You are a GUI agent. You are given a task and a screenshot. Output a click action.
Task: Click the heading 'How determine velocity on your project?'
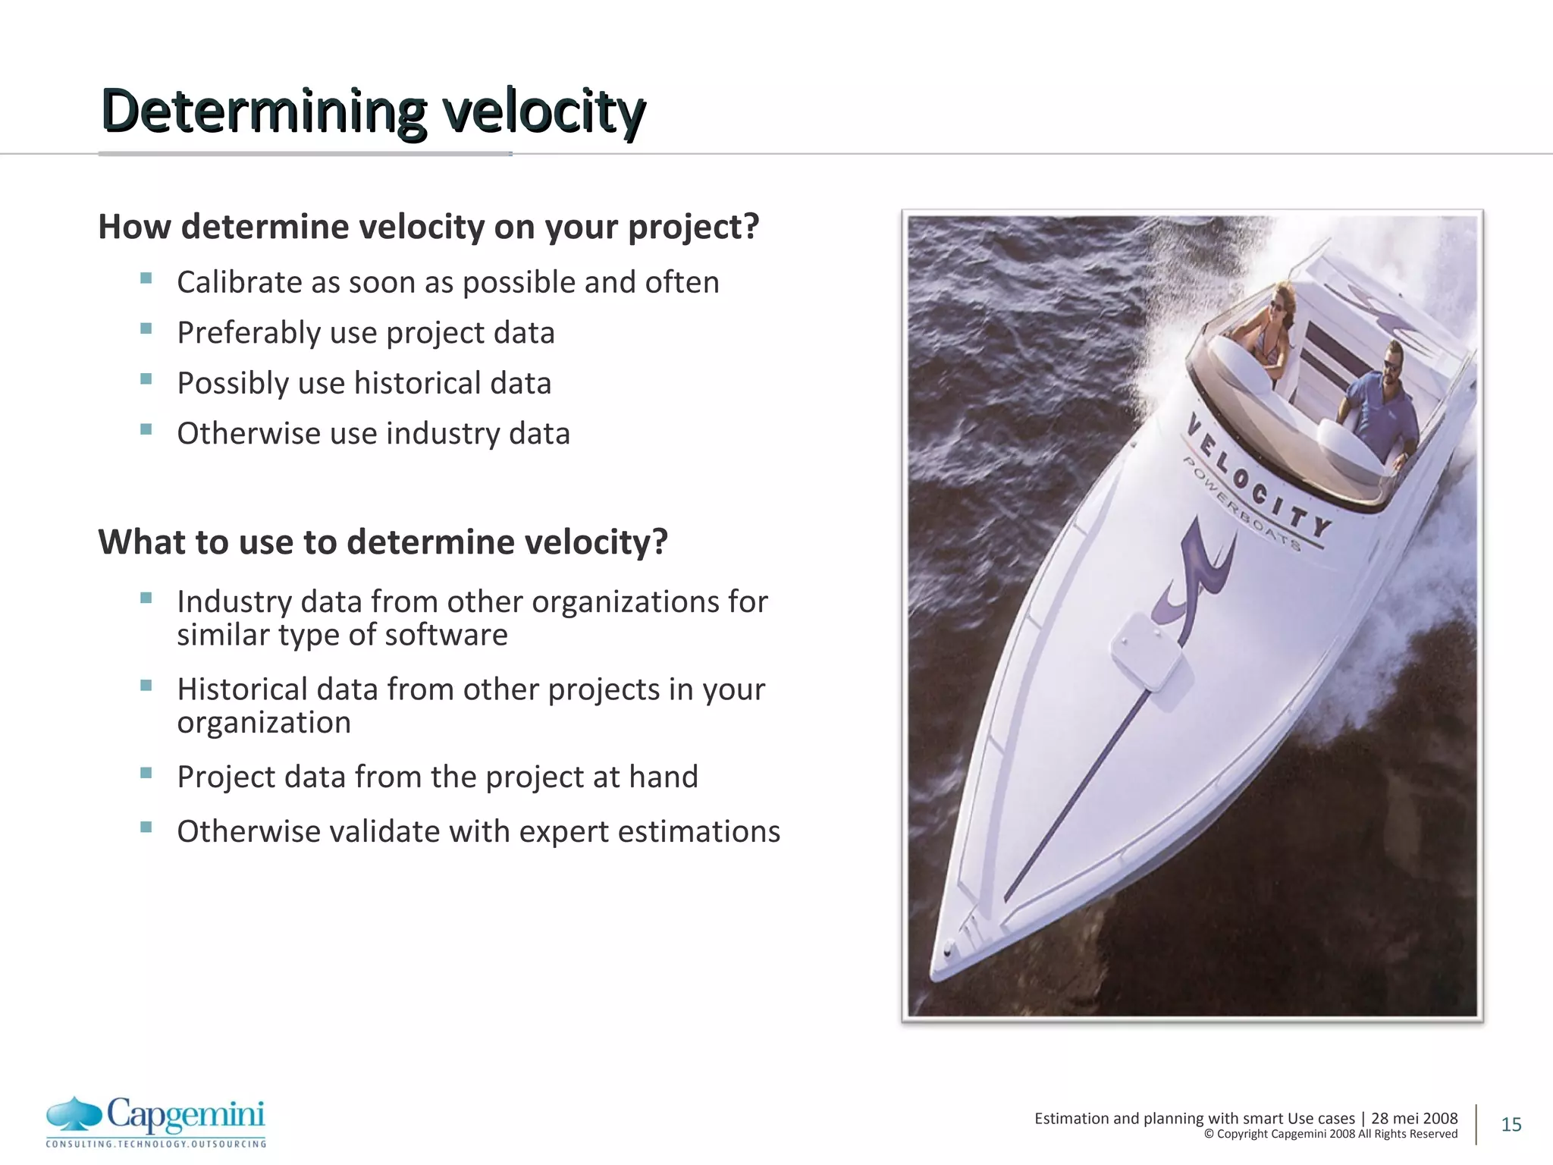click(x=428, y=227)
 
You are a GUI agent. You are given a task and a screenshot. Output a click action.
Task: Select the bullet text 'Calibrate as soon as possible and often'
click(x=447, y=282)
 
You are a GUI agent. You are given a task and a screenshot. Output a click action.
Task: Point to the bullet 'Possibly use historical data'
click(x=364, y=383)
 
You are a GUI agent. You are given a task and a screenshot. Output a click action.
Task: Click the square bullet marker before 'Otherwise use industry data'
click(x=146, y=429)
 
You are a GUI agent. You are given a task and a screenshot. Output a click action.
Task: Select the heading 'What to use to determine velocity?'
click(x=383, y=542)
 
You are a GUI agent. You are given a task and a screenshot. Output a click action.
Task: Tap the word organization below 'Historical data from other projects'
click(x=264, y=723)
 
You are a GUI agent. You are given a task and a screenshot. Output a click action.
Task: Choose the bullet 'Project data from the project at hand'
click(x=437, y=777)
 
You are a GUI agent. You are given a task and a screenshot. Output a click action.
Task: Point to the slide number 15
click(x=1511, y=1124)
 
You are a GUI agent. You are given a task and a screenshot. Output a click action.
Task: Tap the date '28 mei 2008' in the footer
click(x=1413, y=1118)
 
